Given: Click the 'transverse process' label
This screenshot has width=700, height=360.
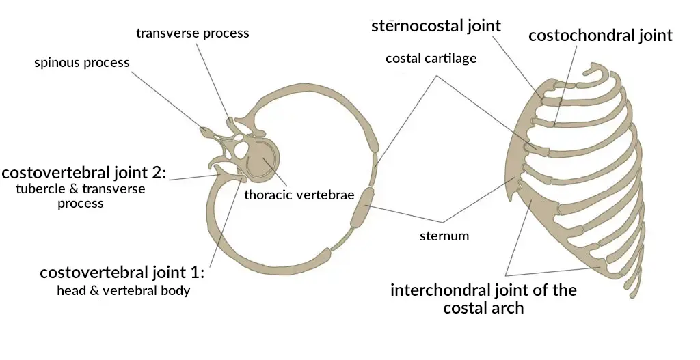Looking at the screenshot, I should pyautogui.click(x=192, y=33).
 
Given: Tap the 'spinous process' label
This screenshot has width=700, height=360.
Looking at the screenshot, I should pyautogui.click(x=82, y=63).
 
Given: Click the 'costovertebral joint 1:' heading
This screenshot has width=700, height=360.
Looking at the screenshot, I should pyautogui.click(x=122, y=273).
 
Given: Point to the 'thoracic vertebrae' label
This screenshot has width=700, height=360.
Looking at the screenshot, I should pyautogui.click(x=299, y=195).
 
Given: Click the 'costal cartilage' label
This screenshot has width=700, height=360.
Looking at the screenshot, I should pyautogui.click(x=431, y=59).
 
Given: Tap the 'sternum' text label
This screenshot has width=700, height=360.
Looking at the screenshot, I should pyautogui.click(x=444, y=236).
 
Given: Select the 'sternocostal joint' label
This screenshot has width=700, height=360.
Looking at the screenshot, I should pyautogui.click(x=436, y=27).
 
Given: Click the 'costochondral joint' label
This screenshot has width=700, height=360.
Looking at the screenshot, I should pyautogui.click(x=600, y=36).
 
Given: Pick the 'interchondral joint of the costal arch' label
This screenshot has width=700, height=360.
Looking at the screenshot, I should pyautogui.click(x=483, y=298).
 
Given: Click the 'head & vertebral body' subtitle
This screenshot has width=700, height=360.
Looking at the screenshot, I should pyautogui.click(x=124, y=291).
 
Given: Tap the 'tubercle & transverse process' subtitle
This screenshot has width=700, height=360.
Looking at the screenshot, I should pyautogui.click(x=81, y=195).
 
